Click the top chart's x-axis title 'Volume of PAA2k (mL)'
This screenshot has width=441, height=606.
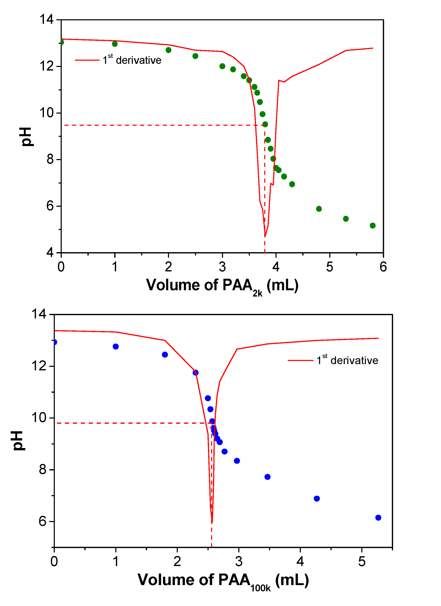222,286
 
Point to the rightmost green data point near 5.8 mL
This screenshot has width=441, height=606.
372,225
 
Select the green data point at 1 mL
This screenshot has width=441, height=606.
115,44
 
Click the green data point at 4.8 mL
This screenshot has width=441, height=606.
319,209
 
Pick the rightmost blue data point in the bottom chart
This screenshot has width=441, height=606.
378,518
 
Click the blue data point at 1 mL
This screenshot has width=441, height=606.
115,347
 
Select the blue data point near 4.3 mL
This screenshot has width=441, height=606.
316,499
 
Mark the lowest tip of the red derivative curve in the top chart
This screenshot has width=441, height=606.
265,236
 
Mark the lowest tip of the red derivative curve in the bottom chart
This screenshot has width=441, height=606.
212,523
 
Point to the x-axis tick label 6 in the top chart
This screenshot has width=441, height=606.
383,267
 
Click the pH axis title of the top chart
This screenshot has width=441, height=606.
27,137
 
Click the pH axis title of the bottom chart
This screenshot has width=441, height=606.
19,441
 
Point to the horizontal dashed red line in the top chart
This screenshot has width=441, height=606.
160,125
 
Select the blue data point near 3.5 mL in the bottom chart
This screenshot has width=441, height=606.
267,477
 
